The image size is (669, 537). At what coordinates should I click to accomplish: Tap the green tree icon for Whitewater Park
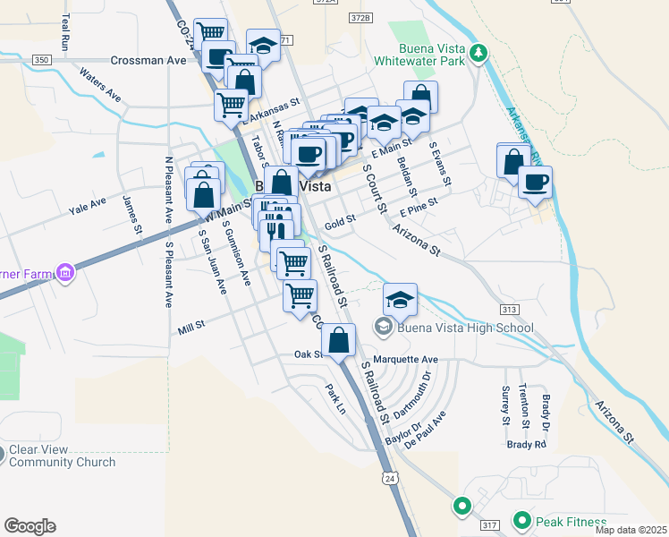point(480,52)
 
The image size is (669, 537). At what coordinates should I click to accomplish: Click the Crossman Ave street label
point(148,60)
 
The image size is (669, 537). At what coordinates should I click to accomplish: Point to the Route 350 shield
point(41,60)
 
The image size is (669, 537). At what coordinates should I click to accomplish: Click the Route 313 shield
point(510,309)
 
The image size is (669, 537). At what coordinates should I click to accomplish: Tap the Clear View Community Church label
point(63,456)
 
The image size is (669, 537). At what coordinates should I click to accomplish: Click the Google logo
point(30,526)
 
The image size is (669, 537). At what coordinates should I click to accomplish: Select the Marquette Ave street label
point(406,359)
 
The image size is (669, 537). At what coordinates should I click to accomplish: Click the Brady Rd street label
point(526,444)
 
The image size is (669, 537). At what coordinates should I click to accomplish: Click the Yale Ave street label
point(88,211)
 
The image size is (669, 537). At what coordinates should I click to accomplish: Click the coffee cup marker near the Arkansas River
point(535,183)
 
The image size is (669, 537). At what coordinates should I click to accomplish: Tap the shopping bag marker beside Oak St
point(339,340)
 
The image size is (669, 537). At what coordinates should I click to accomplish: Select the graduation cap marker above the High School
point(400,299)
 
